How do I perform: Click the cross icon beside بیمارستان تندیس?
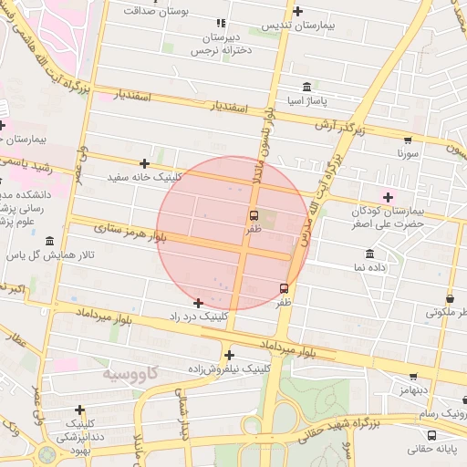[x=298, y=13]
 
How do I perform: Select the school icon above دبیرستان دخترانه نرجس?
[x=220, y=23]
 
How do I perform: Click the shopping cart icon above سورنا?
[x=407, y=140]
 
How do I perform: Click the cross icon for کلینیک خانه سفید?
[x=144, y=163]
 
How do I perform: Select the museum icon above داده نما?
[x=369, y=254]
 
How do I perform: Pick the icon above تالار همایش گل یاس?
[x=48, y=242]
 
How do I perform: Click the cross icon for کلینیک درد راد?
[x=198, y=302]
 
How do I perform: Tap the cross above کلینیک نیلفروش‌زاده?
[x=229, y=355]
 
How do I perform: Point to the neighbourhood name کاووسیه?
[x=130, y=374]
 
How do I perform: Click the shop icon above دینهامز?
[x=414, y=376]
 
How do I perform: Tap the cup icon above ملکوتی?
[x=451, y=298]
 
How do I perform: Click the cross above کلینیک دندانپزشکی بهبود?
[x=80, y=410]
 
